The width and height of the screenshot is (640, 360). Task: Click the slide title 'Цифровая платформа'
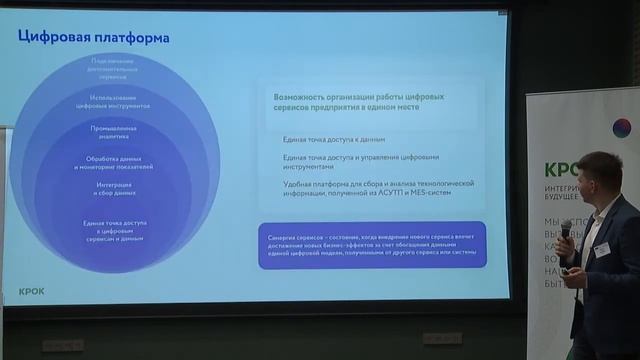[94, 38]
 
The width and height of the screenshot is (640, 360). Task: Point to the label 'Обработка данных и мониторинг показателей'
[116, 162]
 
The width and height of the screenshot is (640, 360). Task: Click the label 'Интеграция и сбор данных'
[116, 188]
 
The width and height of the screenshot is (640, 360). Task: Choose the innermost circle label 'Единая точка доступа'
[116, 229]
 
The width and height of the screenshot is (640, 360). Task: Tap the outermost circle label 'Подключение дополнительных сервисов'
[116, 70]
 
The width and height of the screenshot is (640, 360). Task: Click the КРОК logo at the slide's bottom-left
[32, 291]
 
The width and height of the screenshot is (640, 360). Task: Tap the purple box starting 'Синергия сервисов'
[371, 245]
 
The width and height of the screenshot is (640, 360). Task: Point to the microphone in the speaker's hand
[565, 233]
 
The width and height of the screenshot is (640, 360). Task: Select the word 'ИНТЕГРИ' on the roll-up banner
[561, 188]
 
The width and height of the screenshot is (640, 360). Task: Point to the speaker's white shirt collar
[596, 222]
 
